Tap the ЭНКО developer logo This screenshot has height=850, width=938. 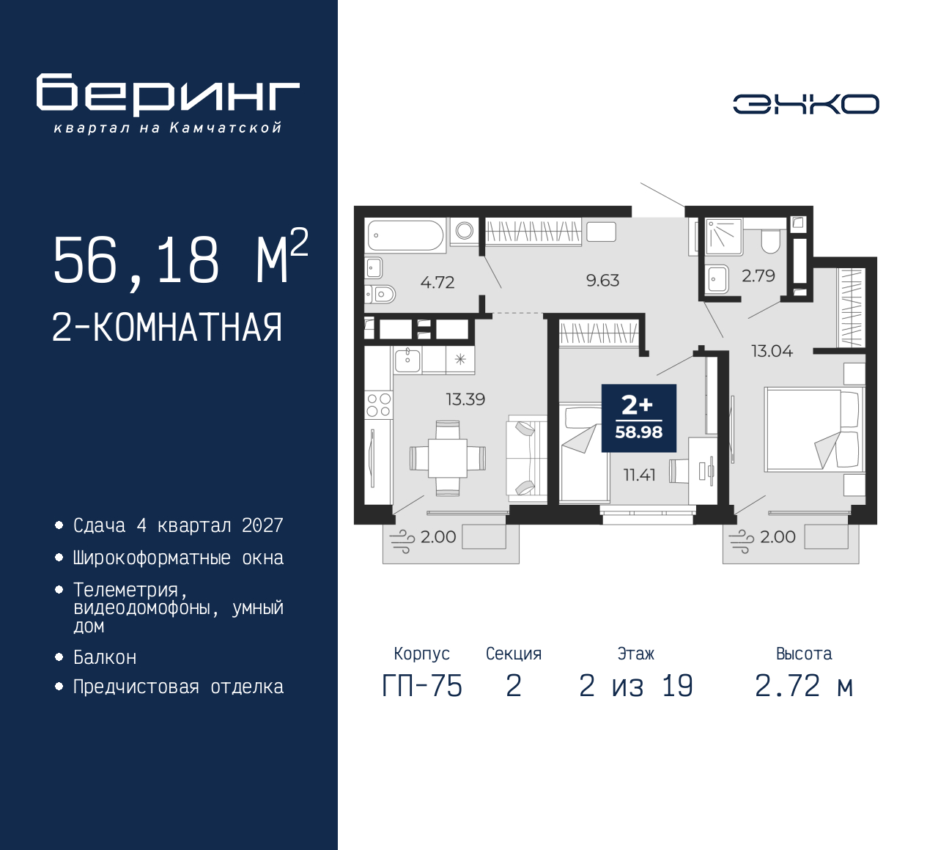(805, 104)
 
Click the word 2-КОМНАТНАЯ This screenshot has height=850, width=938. (167, 328)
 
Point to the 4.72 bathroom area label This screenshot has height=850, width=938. (437, 282)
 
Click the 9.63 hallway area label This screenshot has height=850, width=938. (602, 281)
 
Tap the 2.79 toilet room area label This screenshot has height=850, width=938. (758, 276)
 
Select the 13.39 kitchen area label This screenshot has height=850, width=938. (465, 399)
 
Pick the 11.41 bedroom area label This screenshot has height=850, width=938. (639, 475)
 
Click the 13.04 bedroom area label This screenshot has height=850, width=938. (772, 351)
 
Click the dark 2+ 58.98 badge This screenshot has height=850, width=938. (639, 418)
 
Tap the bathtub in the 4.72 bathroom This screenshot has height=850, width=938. (405, 235)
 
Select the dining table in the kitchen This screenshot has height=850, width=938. (448, 458)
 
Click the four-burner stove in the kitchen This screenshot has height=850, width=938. (379, 405)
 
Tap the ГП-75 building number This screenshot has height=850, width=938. (422, 687)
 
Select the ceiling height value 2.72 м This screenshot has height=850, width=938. (804, 686)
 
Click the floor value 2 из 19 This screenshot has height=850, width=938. (636, 686)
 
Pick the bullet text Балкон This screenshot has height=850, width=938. (105, 657)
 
